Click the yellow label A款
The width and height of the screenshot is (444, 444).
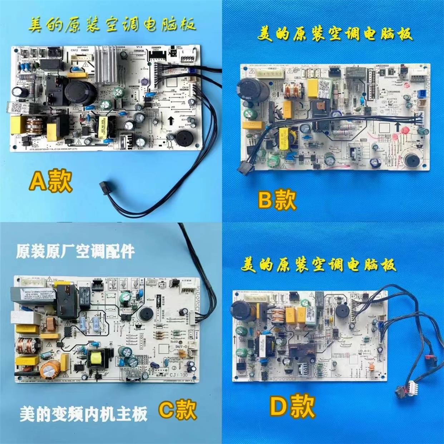coord(51,181)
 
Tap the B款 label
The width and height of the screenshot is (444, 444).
coord(277,200)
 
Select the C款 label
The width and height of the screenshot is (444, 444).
coord(178,410)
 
